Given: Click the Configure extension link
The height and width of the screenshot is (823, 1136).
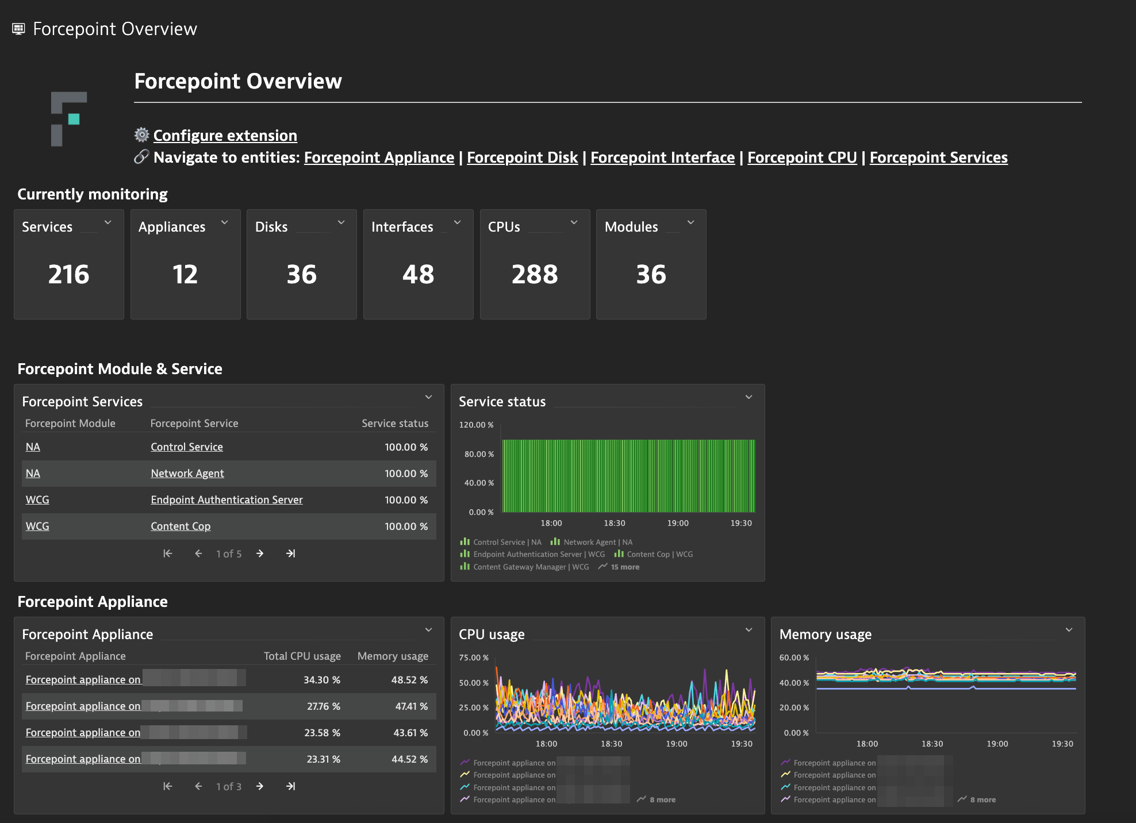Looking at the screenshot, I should tap(225, 136).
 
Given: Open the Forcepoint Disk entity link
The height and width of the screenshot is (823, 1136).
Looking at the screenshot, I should tap(522, 157).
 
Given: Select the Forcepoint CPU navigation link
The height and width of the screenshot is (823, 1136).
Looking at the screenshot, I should tap(802, 157).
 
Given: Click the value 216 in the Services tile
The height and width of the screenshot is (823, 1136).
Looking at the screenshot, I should tap(69, 274).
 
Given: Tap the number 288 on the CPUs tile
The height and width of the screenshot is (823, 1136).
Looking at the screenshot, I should tap(535, 274).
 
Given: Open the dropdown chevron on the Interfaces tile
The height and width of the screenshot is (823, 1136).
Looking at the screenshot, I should tap(458, 222).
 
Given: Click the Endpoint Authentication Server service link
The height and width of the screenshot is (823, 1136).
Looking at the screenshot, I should tap(227, 500).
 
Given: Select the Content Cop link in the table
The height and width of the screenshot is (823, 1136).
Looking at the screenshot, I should tap(181, 526).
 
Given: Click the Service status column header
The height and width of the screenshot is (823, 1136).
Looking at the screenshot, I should tap(395, 424).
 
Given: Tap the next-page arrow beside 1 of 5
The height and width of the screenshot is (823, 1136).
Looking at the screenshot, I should tap(260, 553).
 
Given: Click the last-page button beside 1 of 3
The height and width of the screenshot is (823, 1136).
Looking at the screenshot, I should tap(291, 786).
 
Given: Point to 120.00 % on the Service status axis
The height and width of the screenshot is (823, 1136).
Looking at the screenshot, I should tap(476, 425).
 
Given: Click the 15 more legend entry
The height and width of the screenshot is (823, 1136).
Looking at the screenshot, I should tap(624, 567).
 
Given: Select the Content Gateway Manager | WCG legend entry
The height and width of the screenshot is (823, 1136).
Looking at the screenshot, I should tap(531, 567).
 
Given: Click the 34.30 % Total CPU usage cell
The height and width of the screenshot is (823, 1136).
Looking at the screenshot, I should tap(322, 680).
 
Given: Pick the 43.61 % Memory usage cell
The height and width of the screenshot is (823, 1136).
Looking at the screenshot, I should tap(410, 733).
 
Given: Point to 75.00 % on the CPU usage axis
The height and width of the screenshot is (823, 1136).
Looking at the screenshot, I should tap(474, 657).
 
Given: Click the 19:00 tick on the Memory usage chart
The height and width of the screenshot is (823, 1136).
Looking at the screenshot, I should tap(997, 744).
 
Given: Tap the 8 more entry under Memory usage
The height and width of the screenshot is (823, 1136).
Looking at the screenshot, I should tap(983, 800).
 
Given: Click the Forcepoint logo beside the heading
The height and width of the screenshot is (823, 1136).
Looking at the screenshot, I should tap(68, 119).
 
